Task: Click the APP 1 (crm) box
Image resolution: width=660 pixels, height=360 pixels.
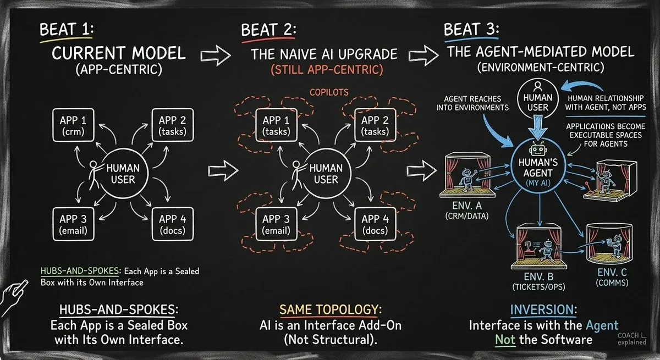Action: [x=73, y=125]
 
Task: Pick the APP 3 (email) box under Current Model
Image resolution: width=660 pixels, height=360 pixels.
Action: [x=73, y=223]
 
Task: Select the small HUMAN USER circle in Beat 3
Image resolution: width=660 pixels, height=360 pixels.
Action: [x=538, y=100]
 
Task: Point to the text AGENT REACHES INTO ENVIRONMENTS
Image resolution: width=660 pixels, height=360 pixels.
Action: [x=472, y=102]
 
